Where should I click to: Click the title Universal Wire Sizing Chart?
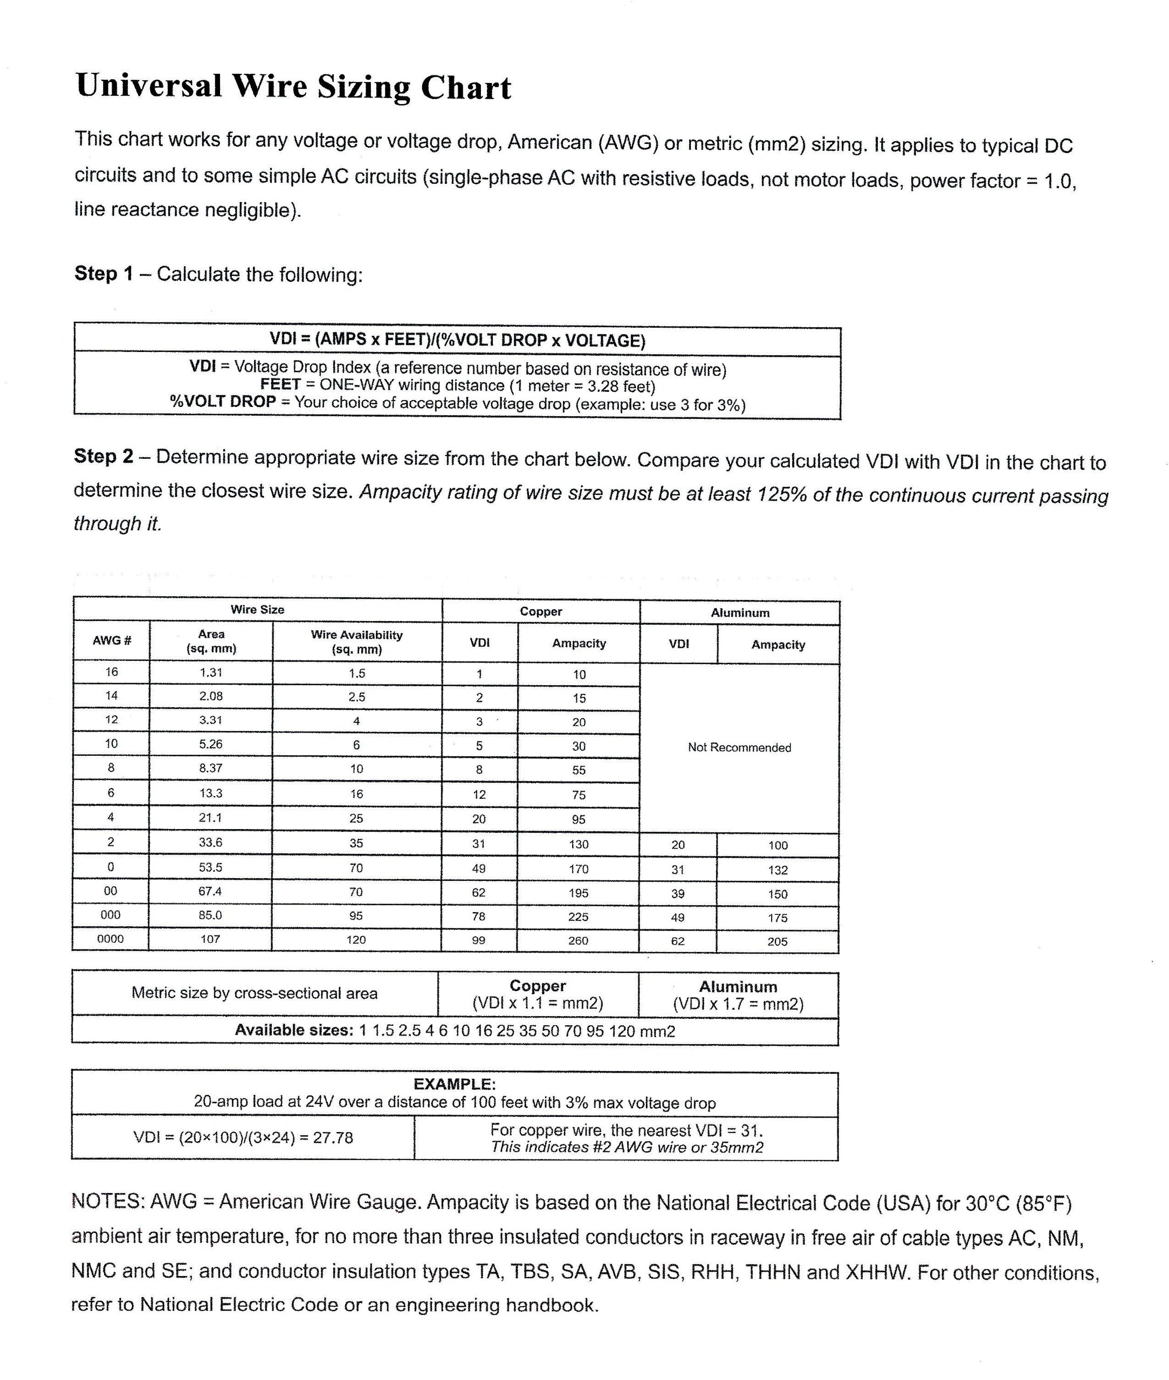(293, 87)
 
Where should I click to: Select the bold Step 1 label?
(104, 274)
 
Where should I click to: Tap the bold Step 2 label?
(104, 456)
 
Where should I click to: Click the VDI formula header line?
(457, 340)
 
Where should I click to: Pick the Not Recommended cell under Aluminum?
(739, 747)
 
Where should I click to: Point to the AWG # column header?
(111, 640)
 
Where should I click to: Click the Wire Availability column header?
(356, 642)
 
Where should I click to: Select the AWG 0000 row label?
(110, 939)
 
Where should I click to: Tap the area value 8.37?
(211, 768)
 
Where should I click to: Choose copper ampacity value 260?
(578, 941)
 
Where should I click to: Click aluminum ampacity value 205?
(778, 941)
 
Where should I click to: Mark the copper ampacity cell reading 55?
(579, 770)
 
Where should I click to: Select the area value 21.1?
(211, 818)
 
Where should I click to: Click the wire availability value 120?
(356, 940)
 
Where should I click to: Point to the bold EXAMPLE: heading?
(454, 1084)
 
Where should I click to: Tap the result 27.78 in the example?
(333, 1137)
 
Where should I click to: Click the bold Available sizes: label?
(294, 1030)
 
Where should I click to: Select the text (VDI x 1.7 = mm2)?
(738, 1004)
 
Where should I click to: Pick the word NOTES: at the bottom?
(107, 1201)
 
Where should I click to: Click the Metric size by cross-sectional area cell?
(255, 993)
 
